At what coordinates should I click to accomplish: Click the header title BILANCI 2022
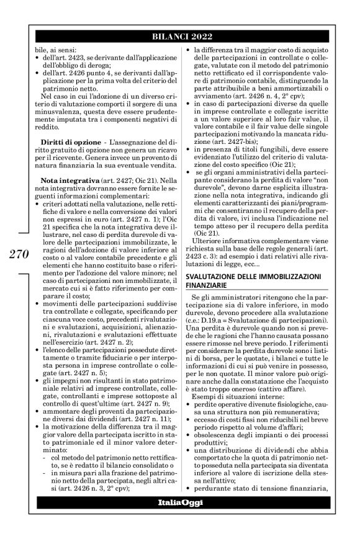[180, 37]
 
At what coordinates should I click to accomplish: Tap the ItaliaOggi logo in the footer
[180, 518]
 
